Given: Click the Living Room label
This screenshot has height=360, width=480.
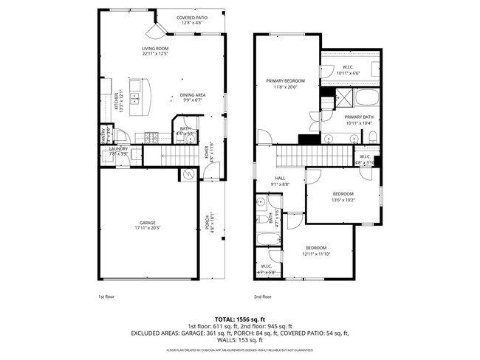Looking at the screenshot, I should [x=156, y=49].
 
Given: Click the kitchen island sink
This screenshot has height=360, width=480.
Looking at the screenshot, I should [x=135, y=96].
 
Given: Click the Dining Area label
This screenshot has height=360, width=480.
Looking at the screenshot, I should [x=193, y=94].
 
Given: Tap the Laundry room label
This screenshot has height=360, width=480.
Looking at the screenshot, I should [x=118, y=148].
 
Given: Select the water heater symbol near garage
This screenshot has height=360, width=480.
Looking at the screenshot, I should [x=189, y=174].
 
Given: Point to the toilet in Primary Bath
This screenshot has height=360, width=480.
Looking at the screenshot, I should [x=373, y=135].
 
